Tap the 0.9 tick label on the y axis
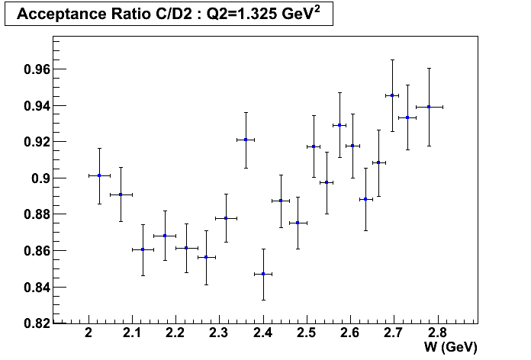(37, 178)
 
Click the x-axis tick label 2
(89, 333)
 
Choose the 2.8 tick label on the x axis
(436, 333)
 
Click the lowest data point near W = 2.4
(263, 274)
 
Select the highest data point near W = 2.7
(392, 95)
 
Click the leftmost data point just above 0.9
(99, 175)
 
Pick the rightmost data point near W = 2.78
(429, 107)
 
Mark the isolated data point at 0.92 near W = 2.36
(246, 140)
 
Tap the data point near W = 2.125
(143, 249)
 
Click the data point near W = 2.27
(206, 257)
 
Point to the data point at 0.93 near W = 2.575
(340, 125)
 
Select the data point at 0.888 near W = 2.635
(365, 199)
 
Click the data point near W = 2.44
(281, 201)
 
